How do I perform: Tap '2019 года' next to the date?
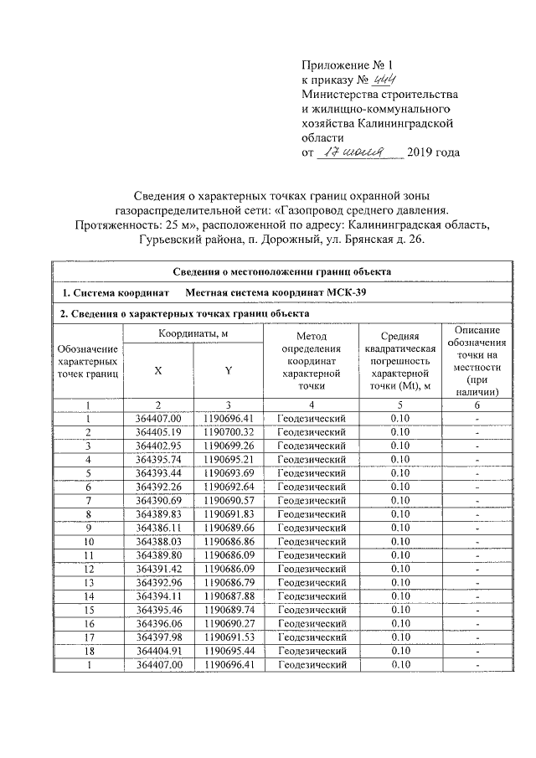433,152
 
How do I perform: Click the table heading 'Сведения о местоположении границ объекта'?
281,271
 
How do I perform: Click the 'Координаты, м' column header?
193,334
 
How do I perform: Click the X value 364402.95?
157,445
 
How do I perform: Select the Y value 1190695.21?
228,459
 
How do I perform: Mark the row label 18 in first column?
87,649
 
